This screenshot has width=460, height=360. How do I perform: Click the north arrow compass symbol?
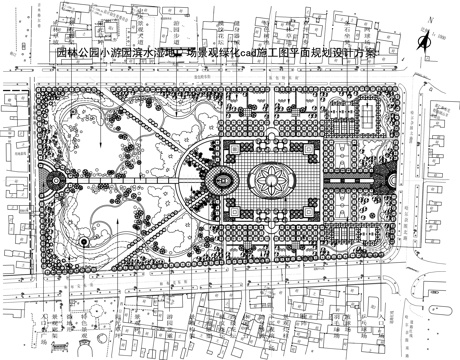pyautogui.click(x=427, y=39)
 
